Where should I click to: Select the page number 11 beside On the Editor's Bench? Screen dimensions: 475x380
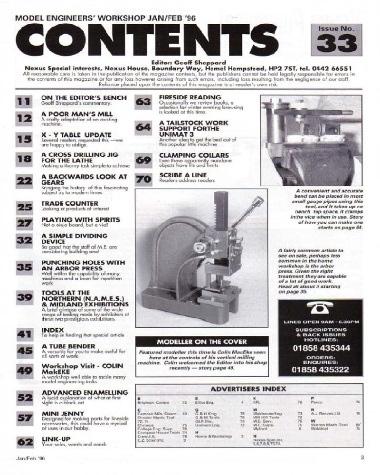pyautogui.click(x=24, y=101)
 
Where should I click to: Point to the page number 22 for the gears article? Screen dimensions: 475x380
pyautogui.click(x=24, y=181)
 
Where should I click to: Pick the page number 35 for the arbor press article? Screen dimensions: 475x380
pyautogui.click(x=24, y=267)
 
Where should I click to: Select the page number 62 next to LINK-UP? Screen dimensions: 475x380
pyautogui.click(x=24, y=442)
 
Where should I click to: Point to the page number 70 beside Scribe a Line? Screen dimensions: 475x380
pyautogui.click(x=143, y=180)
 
